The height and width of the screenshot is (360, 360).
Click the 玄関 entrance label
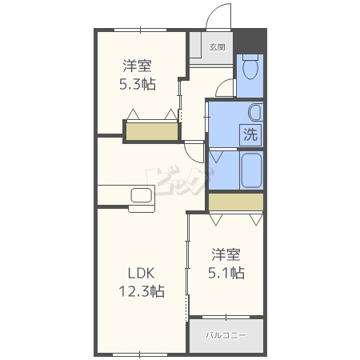(x=217, y=47)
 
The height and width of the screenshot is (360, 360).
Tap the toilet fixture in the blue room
(x=250, y=66)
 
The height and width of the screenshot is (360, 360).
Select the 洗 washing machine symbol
(x=250, y=135)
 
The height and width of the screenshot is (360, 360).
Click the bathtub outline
(x=251, y=170)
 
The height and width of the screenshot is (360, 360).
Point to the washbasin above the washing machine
(x=255, y=113)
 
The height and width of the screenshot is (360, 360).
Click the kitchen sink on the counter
(x=142, y=195)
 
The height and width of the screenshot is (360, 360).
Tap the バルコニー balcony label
(x=226, y=335)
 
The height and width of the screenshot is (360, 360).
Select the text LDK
(x=141, y=274)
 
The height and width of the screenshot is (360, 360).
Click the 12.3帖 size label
(x=142, y=291)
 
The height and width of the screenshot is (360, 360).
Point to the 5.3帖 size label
(x=138, y=84)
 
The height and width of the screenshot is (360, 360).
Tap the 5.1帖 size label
(x=226, y=273)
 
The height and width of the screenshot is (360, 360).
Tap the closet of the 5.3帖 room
(x=152, y=131)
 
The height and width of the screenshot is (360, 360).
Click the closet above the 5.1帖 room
(x=236, y=202)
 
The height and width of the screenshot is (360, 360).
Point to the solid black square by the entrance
(x=250, y=42)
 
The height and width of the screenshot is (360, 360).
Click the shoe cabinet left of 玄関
(x=195, y=45)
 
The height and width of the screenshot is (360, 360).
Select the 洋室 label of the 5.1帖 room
(x=226, y=254)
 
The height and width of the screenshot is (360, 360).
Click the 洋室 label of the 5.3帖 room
(x=138, y=66)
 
